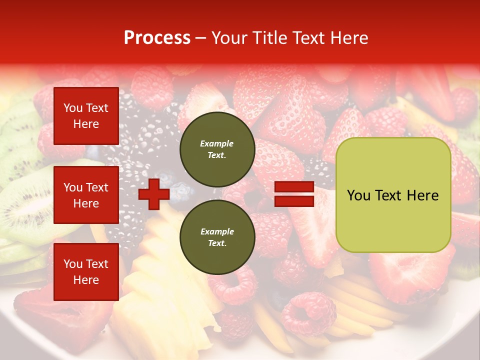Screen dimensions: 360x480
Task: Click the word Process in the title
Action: point(157,38)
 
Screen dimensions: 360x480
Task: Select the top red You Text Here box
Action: point(86,116)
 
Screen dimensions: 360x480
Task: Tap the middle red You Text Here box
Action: point(86,195)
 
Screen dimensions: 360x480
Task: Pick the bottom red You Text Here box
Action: point(86,271)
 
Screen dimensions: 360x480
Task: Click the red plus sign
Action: point(154,194)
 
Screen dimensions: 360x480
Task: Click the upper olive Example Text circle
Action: point(217,149)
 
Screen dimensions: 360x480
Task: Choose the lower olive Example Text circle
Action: point(217,237)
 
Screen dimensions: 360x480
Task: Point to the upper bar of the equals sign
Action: point(294,187)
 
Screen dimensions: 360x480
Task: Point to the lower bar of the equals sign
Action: point(294,201)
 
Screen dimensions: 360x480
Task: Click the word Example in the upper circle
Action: point(217,143)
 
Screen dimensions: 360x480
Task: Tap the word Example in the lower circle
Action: point(217,231)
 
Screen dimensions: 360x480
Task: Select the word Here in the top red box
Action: point(86,124)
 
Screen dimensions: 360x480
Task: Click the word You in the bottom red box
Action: point(72,263)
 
